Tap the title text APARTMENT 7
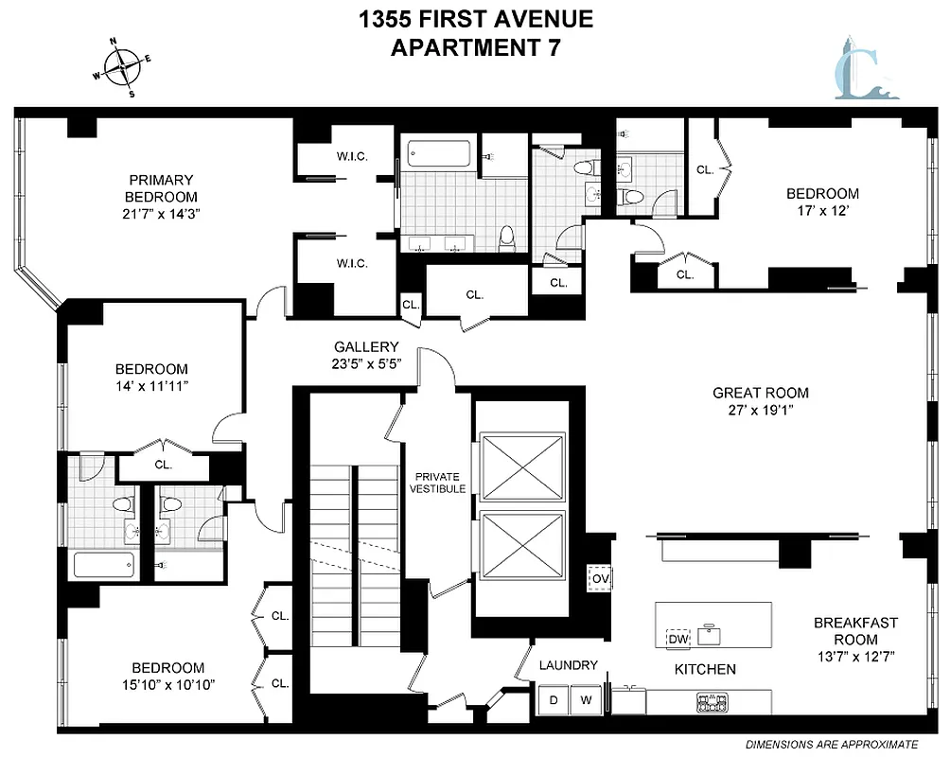click(x=475, y=46)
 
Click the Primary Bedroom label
click(x=161, y=187)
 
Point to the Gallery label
click(x=366, y=347)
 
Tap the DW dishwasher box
click(x=677, y=640)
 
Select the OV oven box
click(x=600, y=576)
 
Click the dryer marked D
click(x=554, y=700)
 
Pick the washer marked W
click(x=586, y=700)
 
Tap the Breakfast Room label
click(x=855, y=631)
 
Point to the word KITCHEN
click(x=705, y=669)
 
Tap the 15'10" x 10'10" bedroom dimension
click(x=168, y=684)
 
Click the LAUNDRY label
click(x=569, y=665)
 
